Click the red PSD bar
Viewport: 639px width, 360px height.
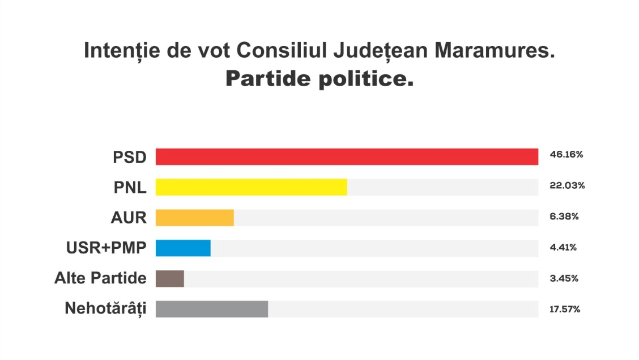pos(347,156)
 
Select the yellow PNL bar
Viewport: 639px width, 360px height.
pos(251,187)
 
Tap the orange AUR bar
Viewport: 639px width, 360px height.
pos(194,218)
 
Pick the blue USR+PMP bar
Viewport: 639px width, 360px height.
pos(183,248)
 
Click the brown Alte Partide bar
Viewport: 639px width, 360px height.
pos(169,279)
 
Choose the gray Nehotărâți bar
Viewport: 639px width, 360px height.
pos(211,310)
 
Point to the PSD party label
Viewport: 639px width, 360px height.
pos(129,157)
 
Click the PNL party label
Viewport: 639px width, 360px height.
pos(130,188)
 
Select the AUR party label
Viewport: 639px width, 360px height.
pos(129,218)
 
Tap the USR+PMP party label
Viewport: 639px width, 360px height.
pos(106,248)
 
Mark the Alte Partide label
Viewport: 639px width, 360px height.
pos(100,279)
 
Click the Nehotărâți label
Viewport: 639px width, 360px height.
pos(105,310)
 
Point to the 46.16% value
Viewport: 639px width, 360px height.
pos(566,154)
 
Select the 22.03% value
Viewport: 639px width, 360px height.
pos(567,185)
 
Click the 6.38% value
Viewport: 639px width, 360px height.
pos(564,216)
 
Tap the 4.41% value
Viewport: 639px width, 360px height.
pos(563,247)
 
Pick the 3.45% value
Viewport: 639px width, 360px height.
pos(564,278)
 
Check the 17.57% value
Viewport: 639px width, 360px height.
pos(565,309)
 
